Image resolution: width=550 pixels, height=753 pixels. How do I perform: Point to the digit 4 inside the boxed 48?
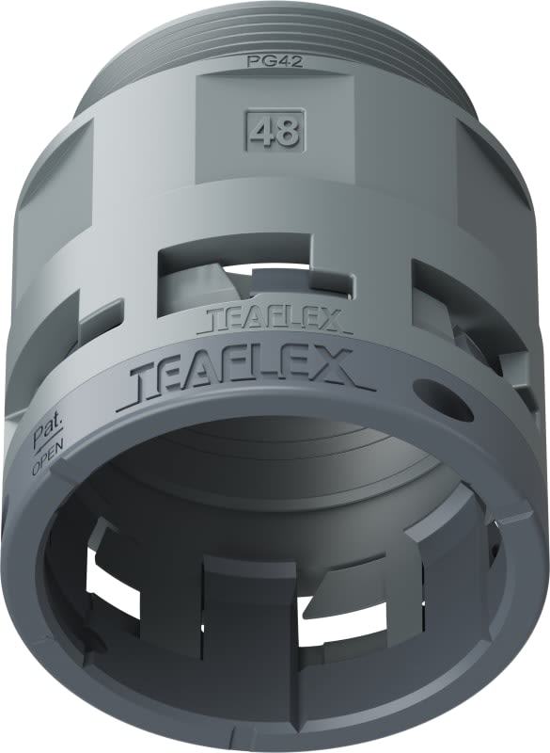(x=262, y=132)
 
